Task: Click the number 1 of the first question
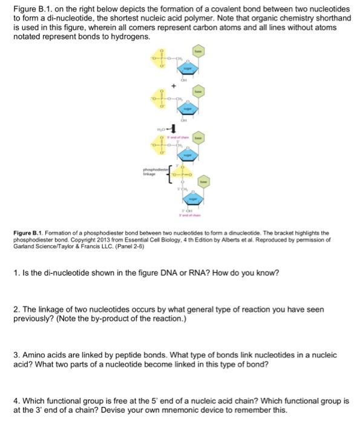[x=16, y=272]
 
